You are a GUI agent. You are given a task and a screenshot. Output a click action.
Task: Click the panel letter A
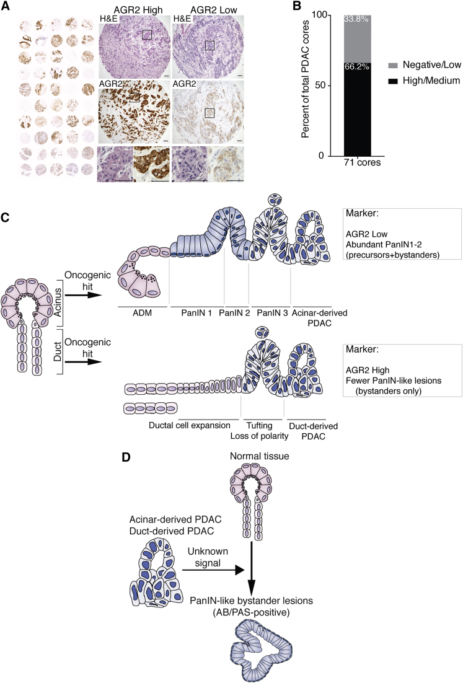click(x=6, y=6)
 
